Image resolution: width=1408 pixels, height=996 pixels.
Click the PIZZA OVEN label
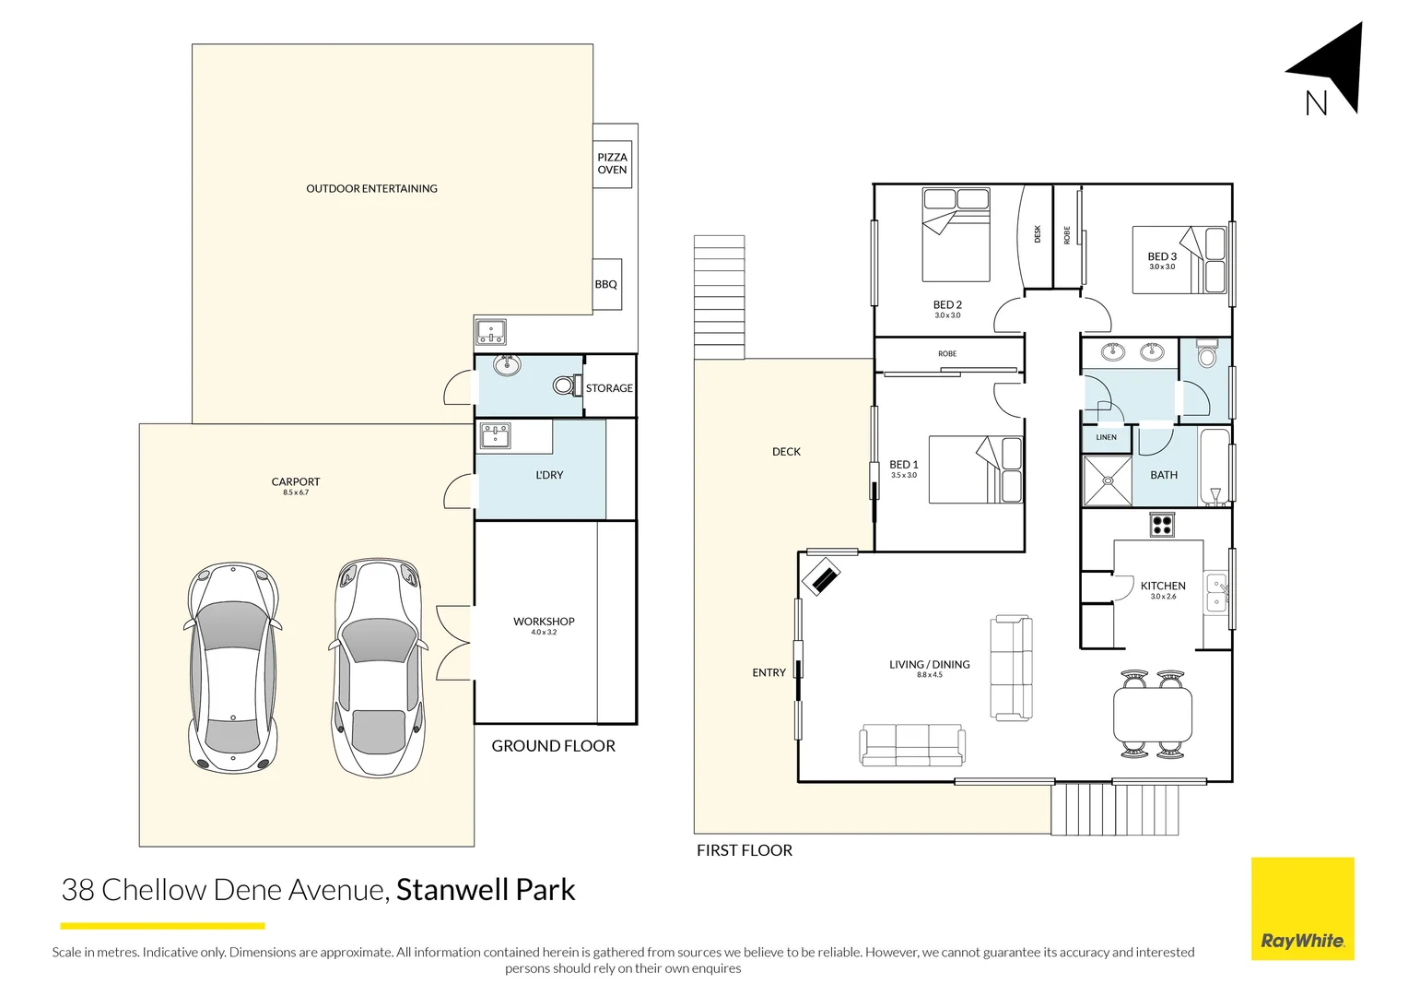coord(612,163)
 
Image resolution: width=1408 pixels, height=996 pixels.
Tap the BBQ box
coord(606,284)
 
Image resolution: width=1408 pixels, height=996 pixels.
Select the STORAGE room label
coord(609,388)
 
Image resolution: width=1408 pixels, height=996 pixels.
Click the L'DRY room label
coord(549,475)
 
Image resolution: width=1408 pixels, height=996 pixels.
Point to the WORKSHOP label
coord(544,622)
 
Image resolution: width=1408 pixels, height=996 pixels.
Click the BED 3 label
coord(1162,257)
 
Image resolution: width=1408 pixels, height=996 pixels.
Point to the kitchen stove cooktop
coord(1162,525)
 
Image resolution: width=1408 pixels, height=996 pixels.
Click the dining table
coord(1153,716)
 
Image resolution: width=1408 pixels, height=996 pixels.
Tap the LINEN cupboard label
coord(1106,437)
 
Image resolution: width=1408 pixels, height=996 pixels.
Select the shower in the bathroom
coord(1107,480)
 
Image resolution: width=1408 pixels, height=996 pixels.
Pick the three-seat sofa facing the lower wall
coord(912,744)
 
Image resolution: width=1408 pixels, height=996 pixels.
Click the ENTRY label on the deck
coord(769,673)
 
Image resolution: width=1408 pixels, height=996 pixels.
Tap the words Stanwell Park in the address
coord(486,890)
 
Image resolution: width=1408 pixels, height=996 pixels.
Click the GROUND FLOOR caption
coord(553,746)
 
